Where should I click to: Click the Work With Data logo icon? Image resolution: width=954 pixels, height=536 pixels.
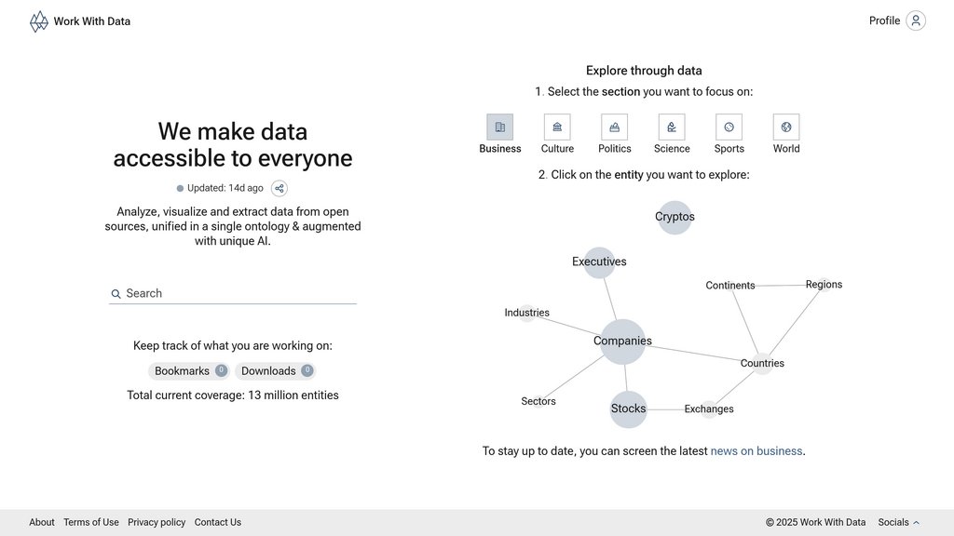pyautogui.click(x=38, y=21)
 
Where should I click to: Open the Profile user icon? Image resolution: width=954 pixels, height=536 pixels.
pyautogui.click(x=915, y=20)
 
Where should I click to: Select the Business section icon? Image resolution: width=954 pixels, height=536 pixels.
pyautogui.click(x=499, y=127)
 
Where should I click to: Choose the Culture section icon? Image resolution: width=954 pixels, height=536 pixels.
pyautogui.click(x=557, y=127)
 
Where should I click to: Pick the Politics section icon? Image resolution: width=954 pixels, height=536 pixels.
pyautogui.click(x=614, y=127)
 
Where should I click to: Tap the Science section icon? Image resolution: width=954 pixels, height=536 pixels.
pyautogui.click(x=672, y=127)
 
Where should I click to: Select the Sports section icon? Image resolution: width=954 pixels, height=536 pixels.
pyautogui.click(x=729, y=127)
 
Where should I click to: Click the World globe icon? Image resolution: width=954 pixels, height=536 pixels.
pyautogui.click(x=786, y=127)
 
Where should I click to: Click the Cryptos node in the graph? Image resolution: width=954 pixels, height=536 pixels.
pyautogui.click(x=675, y=217)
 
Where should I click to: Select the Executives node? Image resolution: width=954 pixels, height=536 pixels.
pyautogui.click(x=599, y=261)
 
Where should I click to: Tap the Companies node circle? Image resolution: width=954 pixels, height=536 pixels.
pyautogui.click(x=622, y=342)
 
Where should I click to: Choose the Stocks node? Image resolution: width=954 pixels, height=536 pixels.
pyautogui.click(x=628, y=409)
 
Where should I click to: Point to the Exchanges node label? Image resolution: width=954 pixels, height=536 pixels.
pyautogui.click(x=709, y=409)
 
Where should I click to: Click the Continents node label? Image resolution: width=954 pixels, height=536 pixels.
pyautogui.click(x=730, y=286)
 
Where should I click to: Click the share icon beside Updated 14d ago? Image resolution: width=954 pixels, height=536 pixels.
pyautogui.click(x=279, y=188)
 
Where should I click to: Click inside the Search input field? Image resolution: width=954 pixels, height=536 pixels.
pyautogui.click(x=238, y=293)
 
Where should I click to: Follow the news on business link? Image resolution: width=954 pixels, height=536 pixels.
pyautogui.click(x=756, y=451)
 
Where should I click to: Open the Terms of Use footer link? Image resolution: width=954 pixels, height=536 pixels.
pyautogui.click(x=91, y=522)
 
